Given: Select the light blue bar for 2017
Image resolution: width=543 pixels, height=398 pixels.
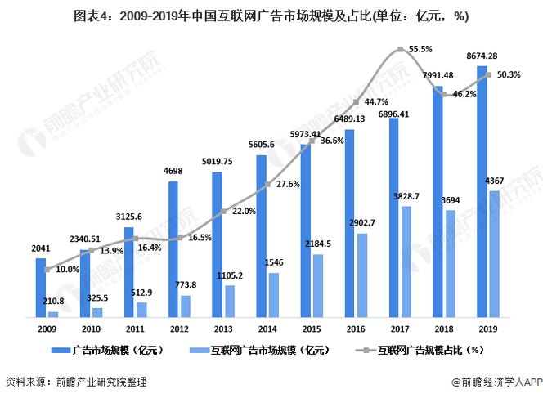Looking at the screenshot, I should pyautogui.click(x=406, y=262).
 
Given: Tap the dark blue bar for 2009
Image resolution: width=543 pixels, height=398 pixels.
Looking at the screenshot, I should pyautogui.click(x=41, y=287).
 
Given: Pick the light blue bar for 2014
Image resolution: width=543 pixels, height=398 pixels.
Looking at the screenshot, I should pyautogui.click(x=274, y=294).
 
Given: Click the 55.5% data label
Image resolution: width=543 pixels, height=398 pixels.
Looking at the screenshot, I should pyautogui.click(x=420, y=50).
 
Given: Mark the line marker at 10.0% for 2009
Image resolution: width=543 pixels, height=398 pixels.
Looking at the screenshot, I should pyautogui.click(x=47, y=268).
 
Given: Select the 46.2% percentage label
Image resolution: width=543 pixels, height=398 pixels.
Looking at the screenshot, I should pyautogui.click(x=464, y=94).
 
